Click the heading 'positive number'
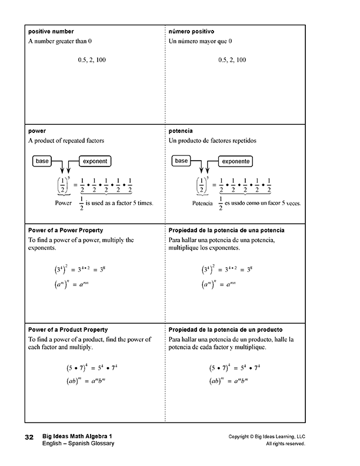coord(49,30)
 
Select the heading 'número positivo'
coord(191,30)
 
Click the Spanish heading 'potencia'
coord(181,131)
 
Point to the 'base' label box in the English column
coord(42,161)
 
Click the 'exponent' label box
coord(95,161)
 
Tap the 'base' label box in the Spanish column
coord(182,161)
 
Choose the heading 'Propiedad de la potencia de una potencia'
coord(226,230)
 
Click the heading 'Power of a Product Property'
coord(68,329)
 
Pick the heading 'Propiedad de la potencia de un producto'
coord(225,329)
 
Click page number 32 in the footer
coord(29,438)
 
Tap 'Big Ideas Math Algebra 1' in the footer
coord(76,436)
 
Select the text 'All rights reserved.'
coord(285,444)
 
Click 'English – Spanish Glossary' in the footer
coord(78,444)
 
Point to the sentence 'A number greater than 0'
coord(61,41)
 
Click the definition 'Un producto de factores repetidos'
coord(212,141)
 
